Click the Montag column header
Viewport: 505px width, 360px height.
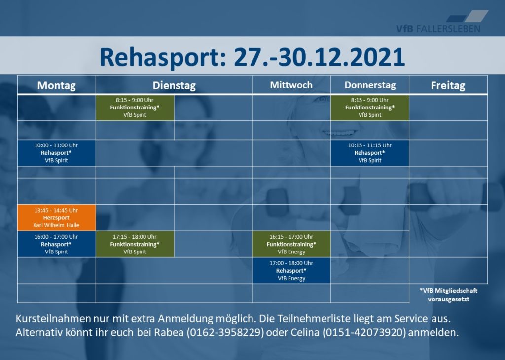[56, 85]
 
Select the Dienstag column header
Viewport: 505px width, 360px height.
[174, 85]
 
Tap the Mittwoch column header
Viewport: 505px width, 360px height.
[291, 85]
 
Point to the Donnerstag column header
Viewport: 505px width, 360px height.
[370, 85]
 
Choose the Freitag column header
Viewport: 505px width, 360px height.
[448, 85]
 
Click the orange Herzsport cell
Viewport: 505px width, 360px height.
[56, 217]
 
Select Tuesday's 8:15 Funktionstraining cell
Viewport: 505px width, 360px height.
[135, 108]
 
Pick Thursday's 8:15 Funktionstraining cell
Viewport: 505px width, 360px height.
[370, 108]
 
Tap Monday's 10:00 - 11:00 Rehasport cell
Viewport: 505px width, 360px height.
[56, 153]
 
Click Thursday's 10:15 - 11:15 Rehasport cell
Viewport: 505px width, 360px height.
[370, 153]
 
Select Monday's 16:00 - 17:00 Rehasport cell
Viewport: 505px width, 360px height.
[56, 244]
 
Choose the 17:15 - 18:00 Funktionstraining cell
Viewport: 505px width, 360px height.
[135, 244]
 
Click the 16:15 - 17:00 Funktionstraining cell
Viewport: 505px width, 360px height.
[291, 244]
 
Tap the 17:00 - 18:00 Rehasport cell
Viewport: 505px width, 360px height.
[291, 270]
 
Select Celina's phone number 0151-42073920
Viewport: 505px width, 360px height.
[364, 332]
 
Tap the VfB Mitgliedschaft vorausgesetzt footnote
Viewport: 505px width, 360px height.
[448, 295]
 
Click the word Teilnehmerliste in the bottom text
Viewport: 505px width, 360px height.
[314, 319]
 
